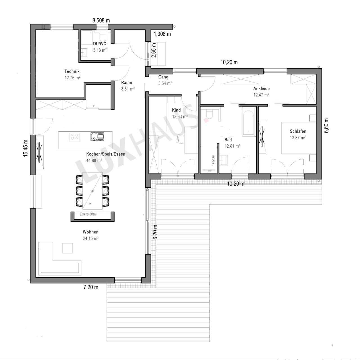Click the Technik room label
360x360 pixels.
72,71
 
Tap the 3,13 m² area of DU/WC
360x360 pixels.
100,50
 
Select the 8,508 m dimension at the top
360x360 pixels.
101,20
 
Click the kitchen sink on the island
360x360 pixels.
97,136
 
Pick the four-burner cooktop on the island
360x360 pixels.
75,136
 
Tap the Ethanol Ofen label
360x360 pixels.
88,214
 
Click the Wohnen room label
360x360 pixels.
91,232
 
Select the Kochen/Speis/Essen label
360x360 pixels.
105,154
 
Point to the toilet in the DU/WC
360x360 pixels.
103,37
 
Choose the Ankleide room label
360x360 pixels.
261,88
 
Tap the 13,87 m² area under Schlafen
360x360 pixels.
298,138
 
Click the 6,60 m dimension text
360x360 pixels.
326,125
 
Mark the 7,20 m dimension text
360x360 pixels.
91,287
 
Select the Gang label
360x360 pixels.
163,77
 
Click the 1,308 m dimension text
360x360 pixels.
162,34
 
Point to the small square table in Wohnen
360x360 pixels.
67,248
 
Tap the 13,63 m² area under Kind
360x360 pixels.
180,116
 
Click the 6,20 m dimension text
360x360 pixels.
156,232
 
